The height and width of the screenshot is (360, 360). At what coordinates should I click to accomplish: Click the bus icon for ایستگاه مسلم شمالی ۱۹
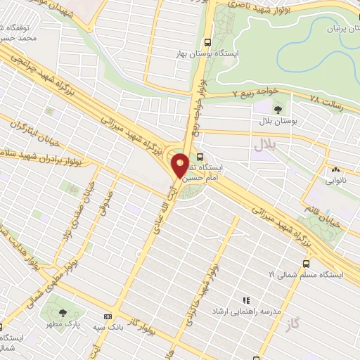[304, 263]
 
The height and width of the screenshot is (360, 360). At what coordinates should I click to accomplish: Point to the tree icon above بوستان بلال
[278, 109]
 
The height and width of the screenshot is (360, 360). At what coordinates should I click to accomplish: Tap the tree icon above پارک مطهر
[63, 311]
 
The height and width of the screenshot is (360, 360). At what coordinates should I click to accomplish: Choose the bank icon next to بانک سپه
[108, 318]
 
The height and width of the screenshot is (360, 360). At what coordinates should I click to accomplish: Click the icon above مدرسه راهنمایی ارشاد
[245, 300]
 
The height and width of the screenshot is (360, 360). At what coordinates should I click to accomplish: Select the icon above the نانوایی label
[336, 169]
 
